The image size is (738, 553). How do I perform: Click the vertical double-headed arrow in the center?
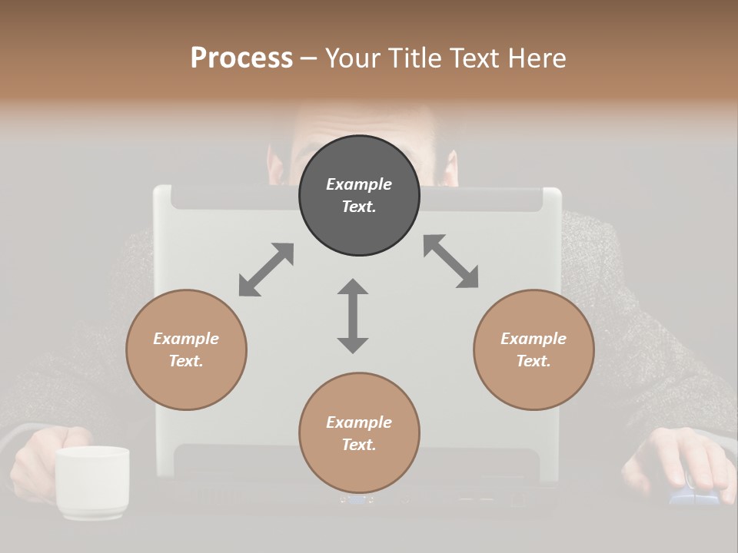point(353,316)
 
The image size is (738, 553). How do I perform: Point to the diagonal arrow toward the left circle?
point(266,270)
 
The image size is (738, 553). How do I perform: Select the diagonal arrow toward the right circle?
point(450,261)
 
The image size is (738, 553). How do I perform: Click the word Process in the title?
point(241,58)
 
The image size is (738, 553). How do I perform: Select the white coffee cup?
point(91,480)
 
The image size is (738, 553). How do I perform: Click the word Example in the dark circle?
point(359,184)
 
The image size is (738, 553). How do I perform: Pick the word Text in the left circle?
point(185,361)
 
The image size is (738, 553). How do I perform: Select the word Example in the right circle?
point(534,339)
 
